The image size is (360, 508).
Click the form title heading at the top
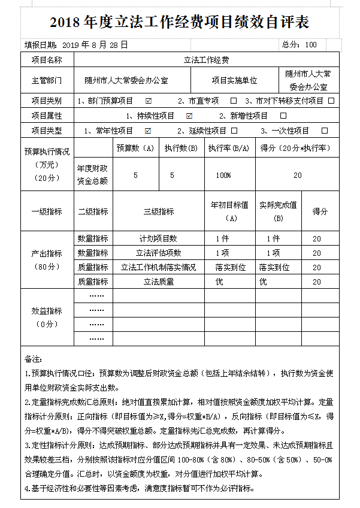tap(180, 22)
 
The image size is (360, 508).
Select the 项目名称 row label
tap(47, 60)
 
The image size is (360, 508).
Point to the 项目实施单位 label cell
tap(234, 80)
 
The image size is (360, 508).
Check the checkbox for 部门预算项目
tap(149, 100)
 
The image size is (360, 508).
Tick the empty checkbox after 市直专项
tap(234, 100)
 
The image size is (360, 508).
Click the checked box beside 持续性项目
tap(189, 115)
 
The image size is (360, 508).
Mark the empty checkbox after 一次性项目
tap(325, 130)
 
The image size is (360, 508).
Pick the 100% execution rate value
tap(223, 175)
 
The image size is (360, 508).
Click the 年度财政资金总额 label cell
tap(93, 175)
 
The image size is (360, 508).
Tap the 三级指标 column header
tap(159, 211)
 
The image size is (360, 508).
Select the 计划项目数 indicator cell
tap(159, 238)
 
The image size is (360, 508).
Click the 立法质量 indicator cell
tap(159, 282)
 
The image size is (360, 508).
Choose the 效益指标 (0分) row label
tap(47, 317)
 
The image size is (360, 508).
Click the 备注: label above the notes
tap(33, 359)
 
